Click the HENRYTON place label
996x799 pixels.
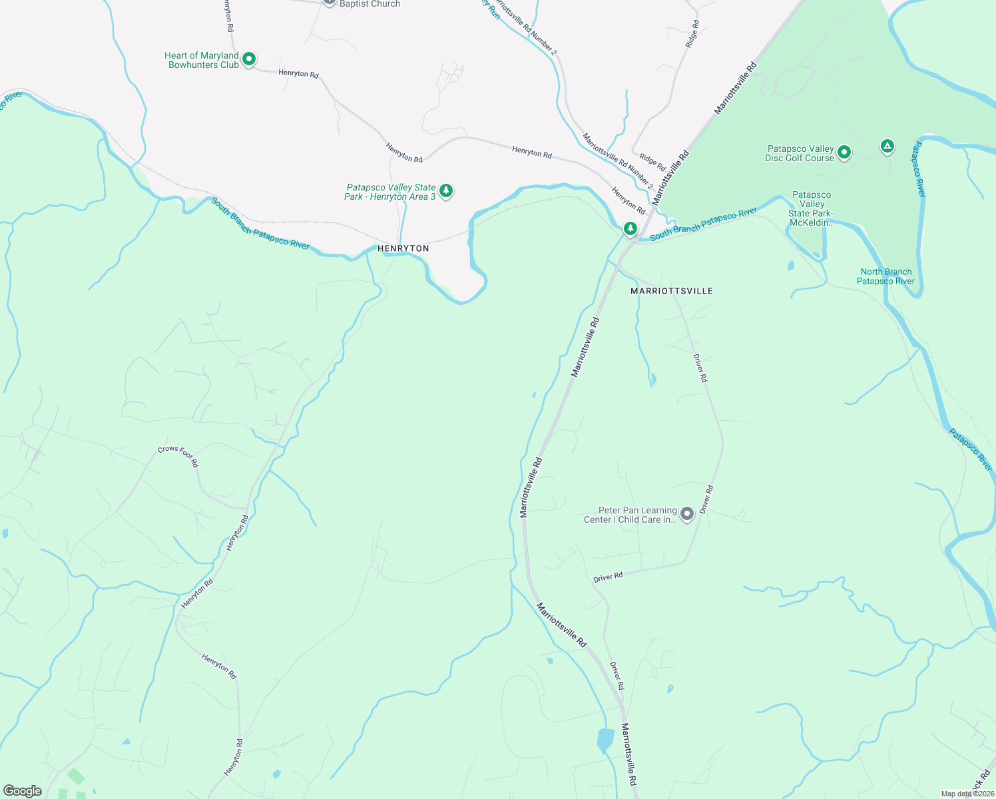(403, 248)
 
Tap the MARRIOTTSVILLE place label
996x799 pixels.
(671, 292)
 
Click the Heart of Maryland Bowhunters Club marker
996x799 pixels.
(248, 59)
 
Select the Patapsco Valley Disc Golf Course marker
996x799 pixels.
(844, 152)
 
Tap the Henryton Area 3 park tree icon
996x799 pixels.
(446, 191)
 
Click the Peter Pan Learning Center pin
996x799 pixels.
(687, 513)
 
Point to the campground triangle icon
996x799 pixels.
(887, 146)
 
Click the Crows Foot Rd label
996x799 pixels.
(178, 456)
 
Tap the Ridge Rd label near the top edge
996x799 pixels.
(692, 33)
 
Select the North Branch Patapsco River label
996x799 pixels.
(885, 276)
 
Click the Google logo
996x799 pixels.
(22, 790)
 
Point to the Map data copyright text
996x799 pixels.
(967, 794)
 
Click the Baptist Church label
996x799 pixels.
(370, 4)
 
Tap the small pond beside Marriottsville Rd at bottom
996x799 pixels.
(605, 739)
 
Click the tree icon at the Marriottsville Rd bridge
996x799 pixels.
(630, 228)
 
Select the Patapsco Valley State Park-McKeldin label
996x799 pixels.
(811, 208)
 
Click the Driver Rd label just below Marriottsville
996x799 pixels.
(700, 368)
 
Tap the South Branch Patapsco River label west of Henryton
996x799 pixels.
(260, 224)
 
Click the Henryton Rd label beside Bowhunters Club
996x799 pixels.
(298, 74)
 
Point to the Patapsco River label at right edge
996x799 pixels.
(970, 449)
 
